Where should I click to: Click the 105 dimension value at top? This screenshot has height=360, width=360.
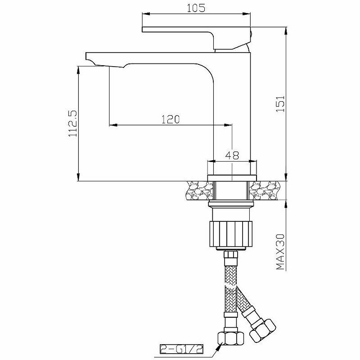click(196, 8)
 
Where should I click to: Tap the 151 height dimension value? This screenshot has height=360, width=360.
click(280, 104)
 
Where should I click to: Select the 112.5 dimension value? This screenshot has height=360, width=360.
click(73, 123)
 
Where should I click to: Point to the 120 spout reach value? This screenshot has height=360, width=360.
click(171, 119)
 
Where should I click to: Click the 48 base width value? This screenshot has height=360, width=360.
click(232, 155)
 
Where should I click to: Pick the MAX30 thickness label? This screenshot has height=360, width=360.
click(280, 252)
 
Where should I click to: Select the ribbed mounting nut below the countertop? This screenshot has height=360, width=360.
click(231, 234)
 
